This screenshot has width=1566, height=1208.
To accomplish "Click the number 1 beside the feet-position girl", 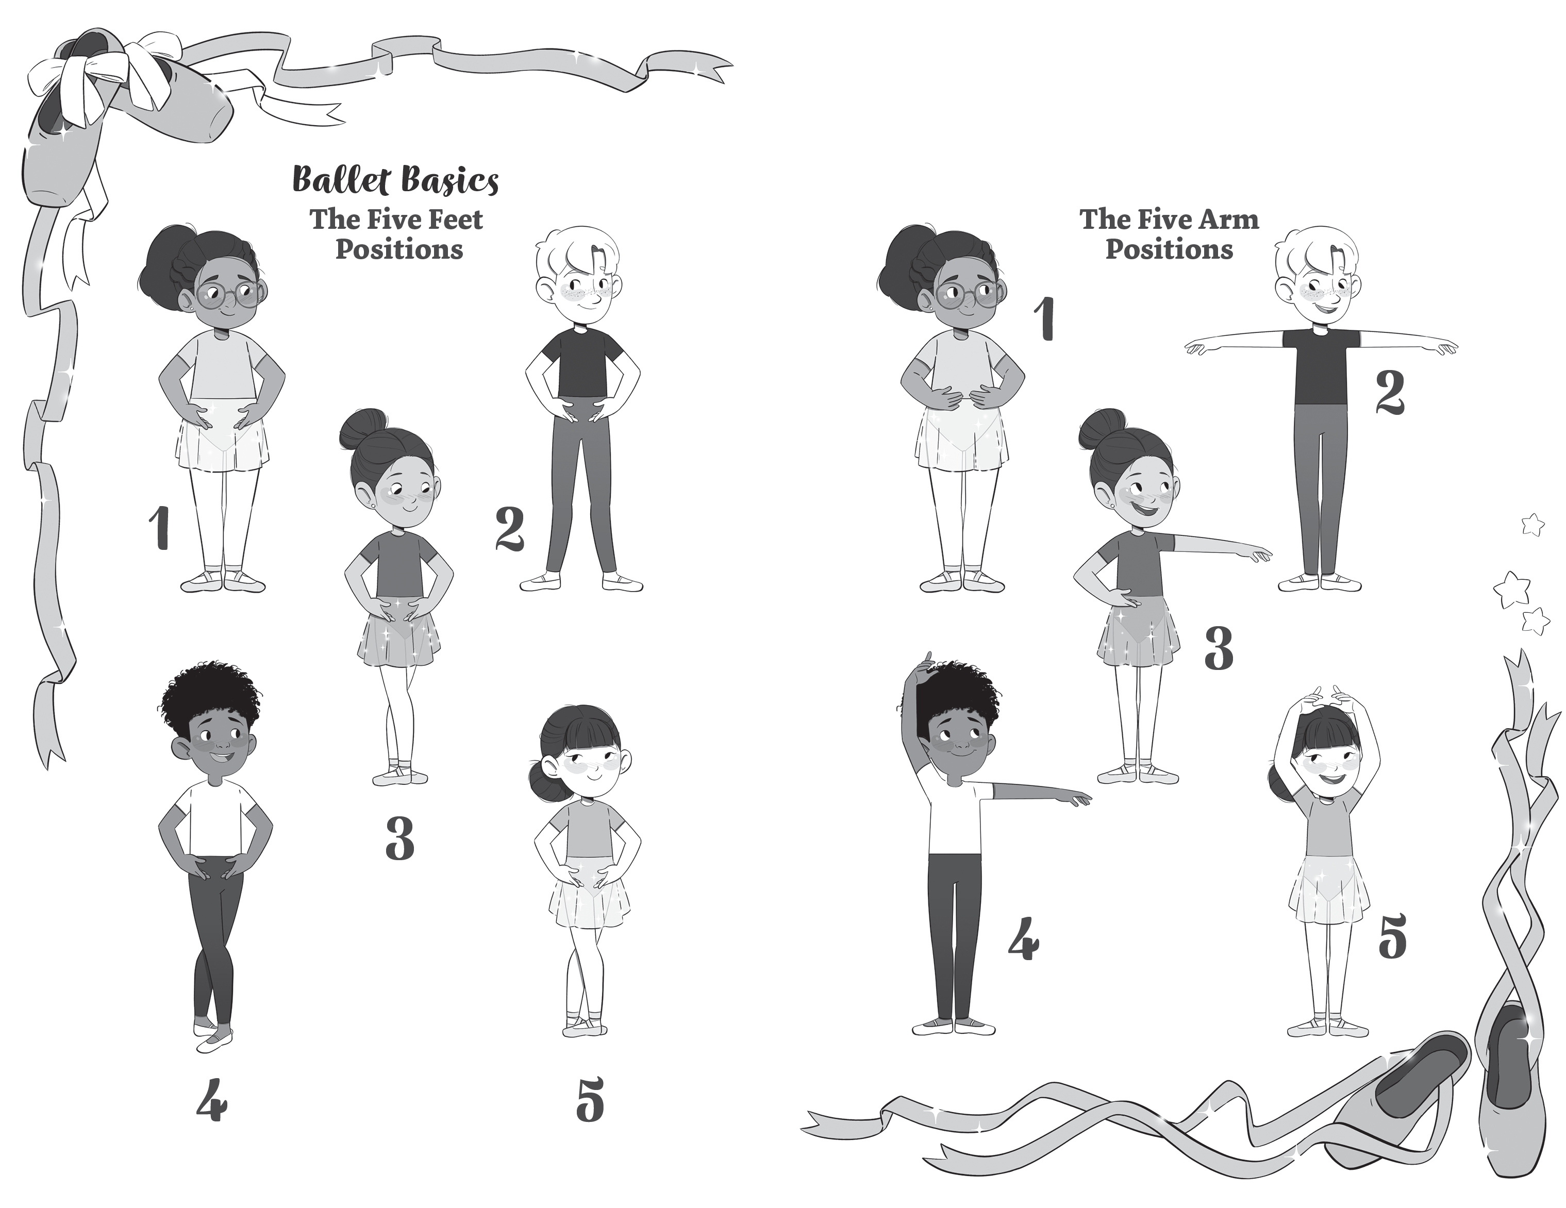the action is (x=159, y=528).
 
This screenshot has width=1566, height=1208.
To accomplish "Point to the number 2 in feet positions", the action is (x=510, y=529).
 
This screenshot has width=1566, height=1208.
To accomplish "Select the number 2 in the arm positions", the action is (x=1390, y=394).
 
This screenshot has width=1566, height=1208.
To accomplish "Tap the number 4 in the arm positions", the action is (x=1023, y=939).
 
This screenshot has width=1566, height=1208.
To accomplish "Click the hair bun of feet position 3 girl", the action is (x=364, y=428).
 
